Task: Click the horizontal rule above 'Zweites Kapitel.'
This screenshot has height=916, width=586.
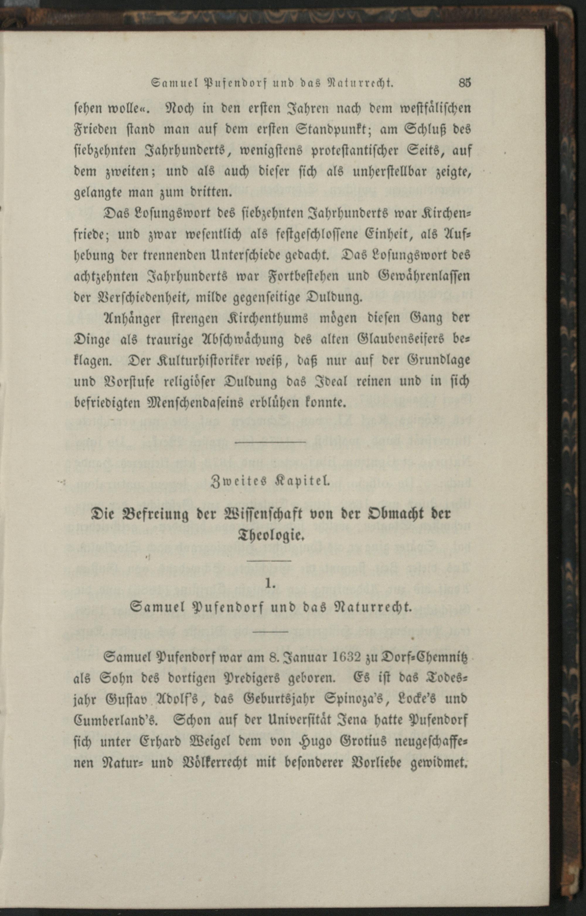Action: [x=270, y=442]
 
